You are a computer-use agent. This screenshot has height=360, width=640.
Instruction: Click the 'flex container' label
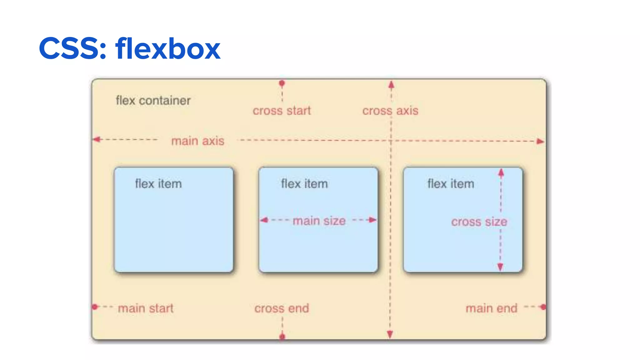click(x=153, y=101)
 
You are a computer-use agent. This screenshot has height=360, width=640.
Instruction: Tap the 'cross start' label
click(x=282, y=111)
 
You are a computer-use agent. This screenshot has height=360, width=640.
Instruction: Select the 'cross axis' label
click(x=390, y=111)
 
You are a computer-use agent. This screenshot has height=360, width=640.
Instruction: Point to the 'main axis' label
click(x=198, y=141)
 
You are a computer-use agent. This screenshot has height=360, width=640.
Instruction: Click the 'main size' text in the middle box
click(x=319, y=221)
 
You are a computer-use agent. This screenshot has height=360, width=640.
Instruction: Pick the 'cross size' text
click(x=479, y=222)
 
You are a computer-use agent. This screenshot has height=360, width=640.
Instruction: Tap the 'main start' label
click(x=146, y=308)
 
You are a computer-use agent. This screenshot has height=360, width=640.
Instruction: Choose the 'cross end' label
click(x=282, y=308)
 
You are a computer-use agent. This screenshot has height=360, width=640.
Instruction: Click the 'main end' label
click(x=492, y=308)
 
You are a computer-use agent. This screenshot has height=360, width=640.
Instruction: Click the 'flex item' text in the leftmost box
click(x=158, y=184)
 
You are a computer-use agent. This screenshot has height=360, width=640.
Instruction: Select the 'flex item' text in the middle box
click(x=304, y=184)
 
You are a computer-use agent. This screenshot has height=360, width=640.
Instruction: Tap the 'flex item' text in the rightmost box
click(x=451, y=184)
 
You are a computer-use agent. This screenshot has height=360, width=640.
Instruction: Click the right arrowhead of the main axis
click(x=540, y=141)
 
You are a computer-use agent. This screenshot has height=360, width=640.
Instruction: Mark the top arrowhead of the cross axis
click(x=391, y=84)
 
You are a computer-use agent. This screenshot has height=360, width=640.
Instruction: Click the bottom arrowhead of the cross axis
click(x=390, y=335)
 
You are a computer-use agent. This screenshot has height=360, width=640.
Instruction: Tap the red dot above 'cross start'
click(x=282, y=83)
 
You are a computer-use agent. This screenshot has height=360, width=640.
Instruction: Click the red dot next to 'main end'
click(x=543, y=307)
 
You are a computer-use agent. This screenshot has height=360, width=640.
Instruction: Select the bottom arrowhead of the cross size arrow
click(x=500, y=267)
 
